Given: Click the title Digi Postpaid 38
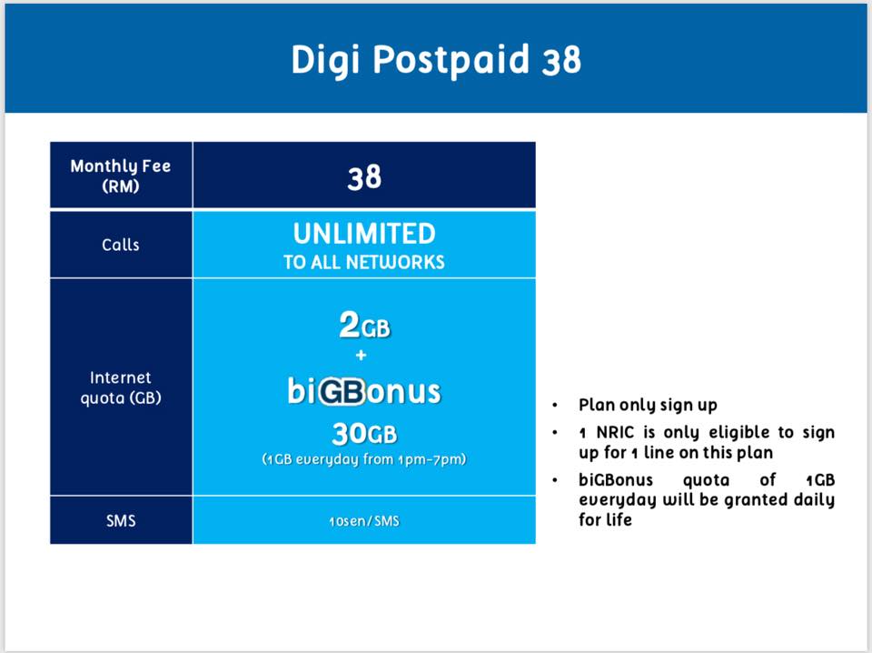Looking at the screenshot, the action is [x=436, y=59].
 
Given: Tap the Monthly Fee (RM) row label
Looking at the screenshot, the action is [x=121, y=176].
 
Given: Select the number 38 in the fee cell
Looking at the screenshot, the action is [x=364, y=177].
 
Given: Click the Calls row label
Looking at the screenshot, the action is [x=121, y=245].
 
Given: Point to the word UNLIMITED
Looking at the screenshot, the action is [x=364, y=234].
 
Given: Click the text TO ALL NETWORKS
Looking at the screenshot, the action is [x=364, y=262].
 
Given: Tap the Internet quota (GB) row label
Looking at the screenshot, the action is [x=121, y=387].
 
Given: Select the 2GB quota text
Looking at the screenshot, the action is [x=365, y=325].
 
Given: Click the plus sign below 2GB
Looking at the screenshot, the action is [x=362, y=355].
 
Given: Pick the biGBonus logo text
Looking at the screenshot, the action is [x=364, y=391].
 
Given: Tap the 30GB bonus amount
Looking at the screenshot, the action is [x=365, y=434].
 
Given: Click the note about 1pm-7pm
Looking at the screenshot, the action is [x=364, y=459].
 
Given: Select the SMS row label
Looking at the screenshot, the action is [x=121, y=520].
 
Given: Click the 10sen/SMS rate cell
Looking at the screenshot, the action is [x=364, y=521].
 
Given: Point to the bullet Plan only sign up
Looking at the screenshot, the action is [x=648, y=406].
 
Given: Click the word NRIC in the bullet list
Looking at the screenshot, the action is [x=615, y=432].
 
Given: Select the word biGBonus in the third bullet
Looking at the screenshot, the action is [x=616, y=480].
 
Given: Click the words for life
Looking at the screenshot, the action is [x=605, y=519].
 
